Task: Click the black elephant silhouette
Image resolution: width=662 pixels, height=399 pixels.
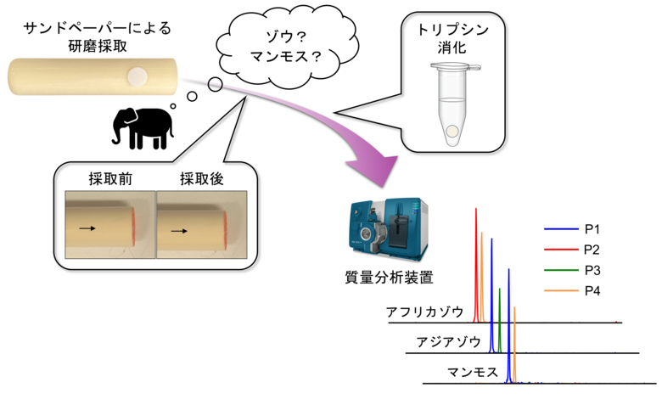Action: (143, 128)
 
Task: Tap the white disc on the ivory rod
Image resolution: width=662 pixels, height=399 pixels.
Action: (137, 77)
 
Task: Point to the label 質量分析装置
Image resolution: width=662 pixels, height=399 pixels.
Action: (390, 278)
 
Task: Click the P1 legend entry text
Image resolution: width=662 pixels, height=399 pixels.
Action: (592, 229)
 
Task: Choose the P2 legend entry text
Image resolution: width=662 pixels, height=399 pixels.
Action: (592, 250)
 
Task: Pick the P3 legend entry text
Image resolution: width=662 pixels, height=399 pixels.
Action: (592, 270)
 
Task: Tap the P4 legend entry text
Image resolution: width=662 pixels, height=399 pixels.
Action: (592, 290)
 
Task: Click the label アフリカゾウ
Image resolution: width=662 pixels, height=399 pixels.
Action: (424, 312)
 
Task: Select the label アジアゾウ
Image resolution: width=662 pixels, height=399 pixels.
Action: (449, 341)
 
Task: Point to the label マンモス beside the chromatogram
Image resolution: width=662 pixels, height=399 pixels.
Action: (473, 373)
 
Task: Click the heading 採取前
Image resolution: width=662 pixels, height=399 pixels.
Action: (110, 179)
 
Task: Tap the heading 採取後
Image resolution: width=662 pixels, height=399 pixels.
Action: (202, 179)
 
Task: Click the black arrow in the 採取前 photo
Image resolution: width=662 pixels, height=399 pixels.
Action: (87, 228)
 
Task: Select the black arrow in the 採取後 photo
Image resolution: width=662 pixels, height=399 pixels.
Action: (179, 231)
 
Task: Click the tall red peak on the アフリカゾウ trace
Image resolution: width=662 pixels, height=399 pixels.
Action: (476, 265)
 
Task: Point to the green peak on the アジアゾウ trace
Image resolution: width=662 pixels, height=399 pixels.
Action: (499, 320)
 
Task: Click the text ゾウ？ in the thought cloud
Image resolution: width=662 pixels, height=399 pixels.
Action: (286, 37)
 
